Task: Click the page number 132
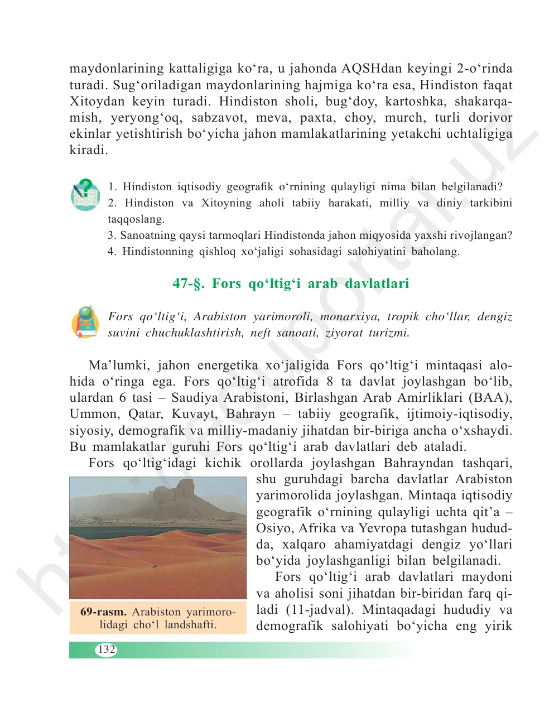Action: (x=106, y=649)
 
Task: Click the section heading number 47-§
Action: (x=189, y=283)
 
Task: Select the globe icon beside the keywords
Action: (x=85, y=322)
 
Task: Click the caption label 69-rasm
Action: (x=103, y=612)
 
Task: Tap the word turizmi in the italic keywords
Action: (x=388, y=333)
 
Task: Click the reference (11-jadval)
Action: (x=320, y=609)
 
